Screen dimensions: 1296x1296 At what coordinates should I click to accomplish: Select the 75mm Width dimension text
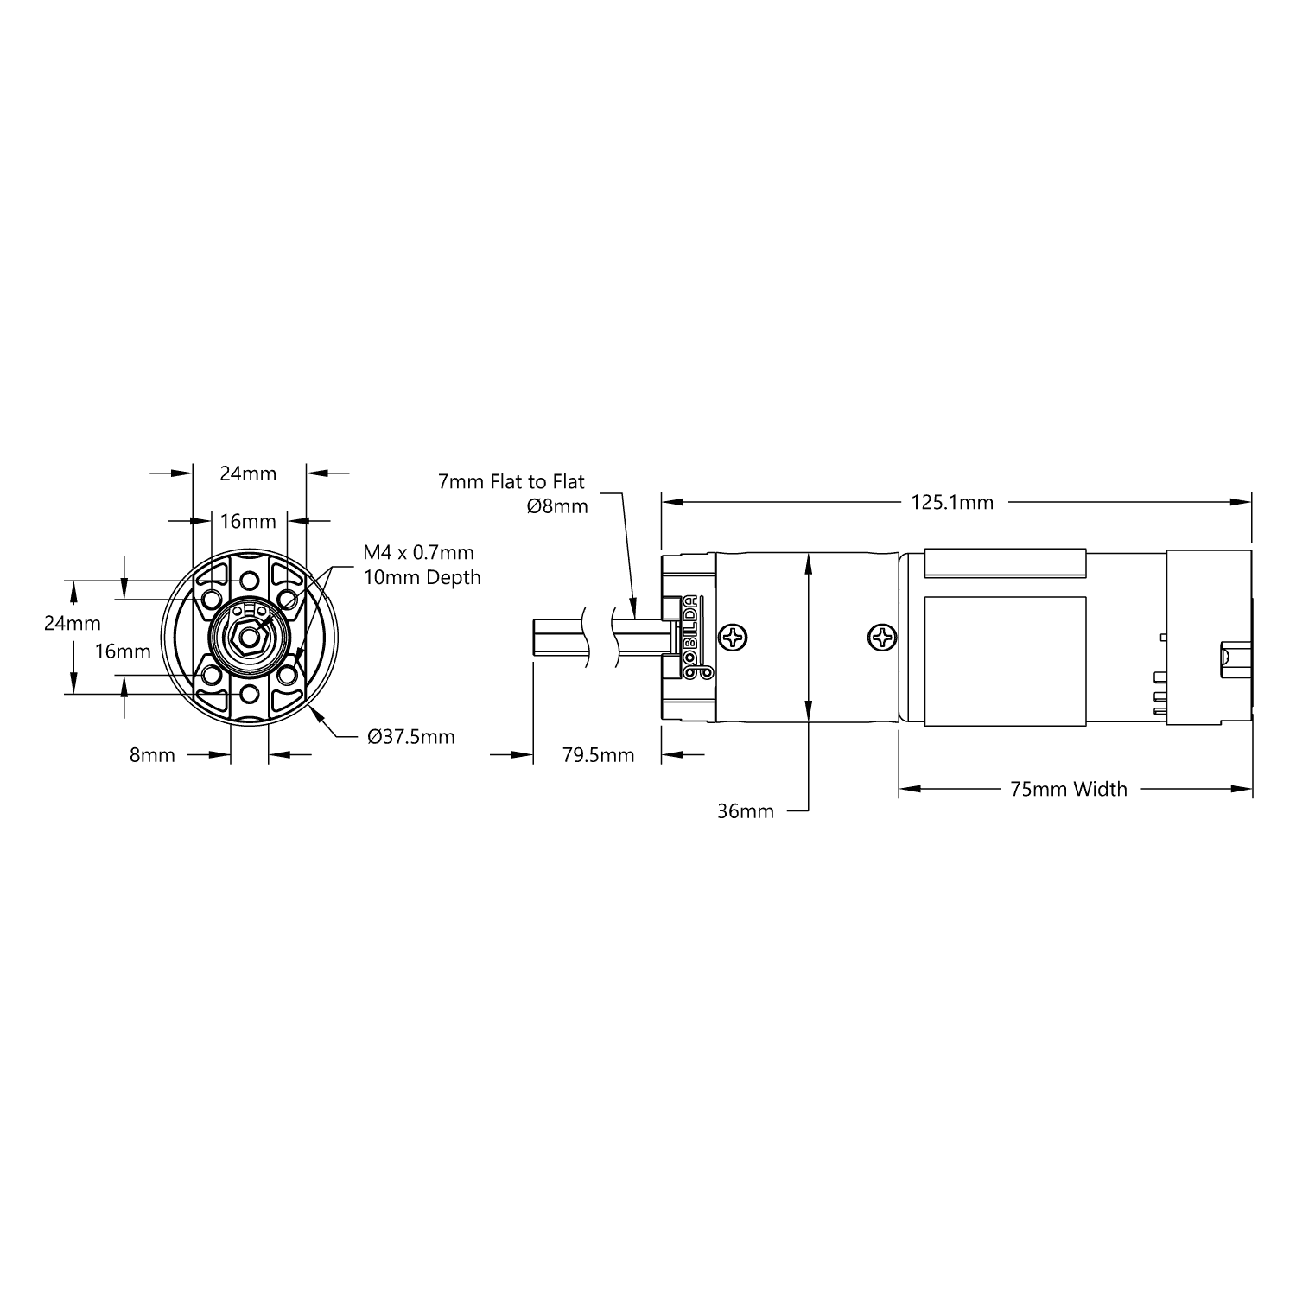click(x=1069, y=789)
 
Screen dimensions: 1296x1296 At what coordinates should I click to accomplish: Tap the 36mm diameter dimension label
click(x=745, y=811)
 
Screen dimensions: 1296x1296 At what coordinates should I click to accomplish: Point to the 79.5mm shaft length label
click(x=598, y=755)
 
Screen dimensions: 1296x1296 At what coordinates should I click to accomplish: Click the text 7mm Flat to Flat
click(x=511, y=482)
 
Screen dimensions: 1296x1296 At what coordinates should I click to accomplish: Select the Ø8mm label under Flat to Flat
click(x=556, y=506)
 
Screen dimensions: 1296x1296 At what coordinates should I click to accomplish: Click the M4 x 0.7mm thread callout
click(x=418, y=552)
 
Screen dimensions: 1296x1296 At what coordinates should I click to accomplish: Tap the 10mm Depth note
click(x=422, y=577)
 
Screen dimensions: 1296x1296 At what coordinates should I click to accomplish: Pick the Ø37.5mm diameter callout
click(x=410, y=737)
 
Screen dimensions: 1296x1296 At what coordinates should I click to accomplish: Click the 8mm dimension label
click(x=152, y=755)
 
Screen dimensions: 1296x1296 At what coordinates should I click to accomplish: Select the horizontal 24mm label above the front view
click(x=248, y=473)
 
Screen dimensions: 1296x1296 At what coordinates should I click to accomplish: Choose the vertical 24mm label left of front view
click(x=73, y=623)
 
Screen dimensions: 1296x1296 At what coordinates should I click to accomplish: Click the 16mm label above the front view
click(x=248, y=521)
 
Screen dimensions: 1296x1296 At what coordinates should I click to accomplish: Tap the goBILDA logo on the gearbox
click(x=692, y=638)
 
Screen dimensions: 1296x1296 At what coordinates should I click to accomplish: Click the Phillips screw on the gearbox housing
click(x=735, y=638)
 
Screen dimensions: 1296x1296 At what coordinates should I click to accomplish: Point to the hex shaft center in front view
click(x=249, y=638)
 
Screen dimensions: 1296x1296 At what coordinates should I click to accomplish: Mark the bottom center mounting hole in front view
click(x=249, y=695)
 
